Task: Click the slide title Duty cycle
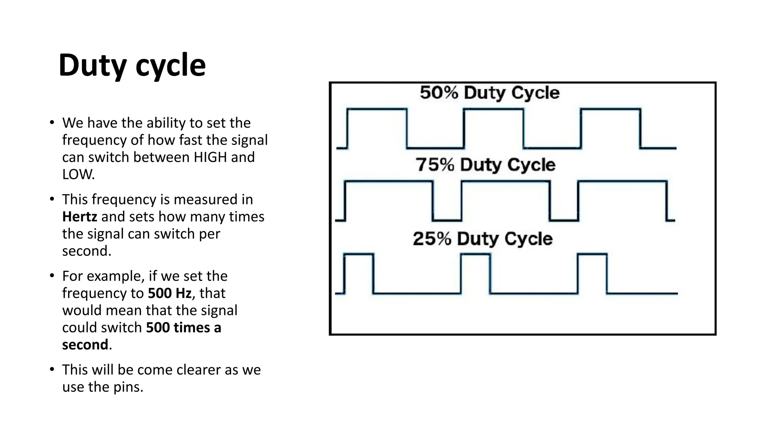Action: pos(132,66)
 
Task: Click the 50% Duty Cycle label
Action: pos(490,93)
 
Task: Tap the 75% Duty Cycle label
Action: pos(485,165)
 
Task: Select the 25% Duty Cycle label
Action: pos(482,239)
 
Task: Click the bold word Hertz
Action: pos(79,217)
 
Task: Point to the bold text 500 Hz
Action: pos(170,293)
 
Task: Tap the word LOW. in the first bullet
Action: pos(78,174)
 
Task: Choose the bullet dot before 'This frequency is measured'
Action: pos(52,199)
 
